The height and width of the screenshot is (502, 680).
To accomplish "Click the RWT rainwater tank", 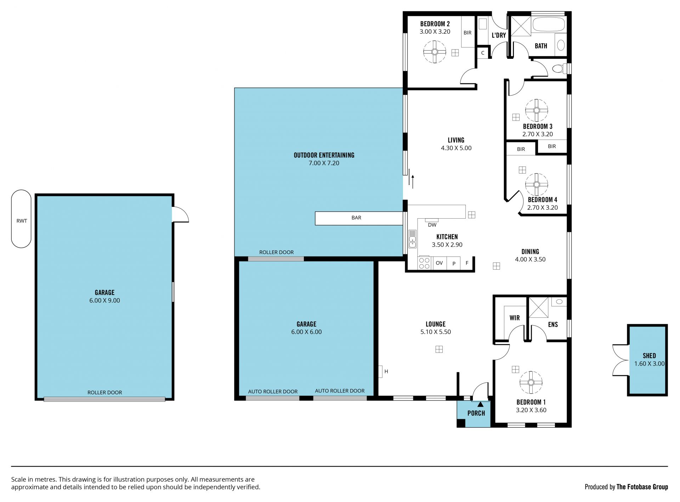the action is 21,219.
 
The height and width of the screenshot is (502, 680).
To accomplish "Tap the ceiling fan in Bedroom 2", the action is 435,52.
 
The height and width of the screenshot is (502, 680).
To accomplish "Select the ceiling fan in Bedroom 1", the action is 531,382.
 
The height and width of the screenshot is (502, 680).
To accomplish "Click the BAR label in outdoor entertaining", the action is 356,218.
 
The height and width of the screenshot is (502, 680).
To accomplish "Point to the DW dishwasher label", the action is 432,225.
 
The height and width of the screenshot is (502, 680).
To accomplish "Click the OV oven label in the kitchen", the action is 439,263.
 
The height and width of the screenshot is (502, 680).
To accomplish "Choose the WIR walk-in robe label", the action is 515,318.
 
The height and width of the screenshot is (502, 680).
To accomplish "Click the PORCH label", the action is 476,413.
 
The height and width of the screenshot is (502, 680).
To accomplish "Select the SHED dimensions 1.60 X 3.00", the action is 649,363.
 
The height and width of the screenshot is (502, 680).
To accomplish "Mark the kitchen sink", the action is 412,239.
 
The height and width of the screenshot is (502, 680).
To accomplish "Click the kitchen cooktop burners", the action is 424,263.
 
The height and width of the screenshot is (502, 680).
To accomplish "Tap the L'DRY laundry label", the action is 499,35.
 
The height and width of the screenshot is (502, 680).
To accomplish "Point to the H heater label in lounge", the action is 386,371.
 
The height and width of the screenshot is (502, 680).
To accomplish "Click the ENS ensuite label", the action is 553,325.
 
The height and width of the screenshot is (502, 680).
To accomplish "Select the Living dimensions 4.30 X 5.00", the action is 456,148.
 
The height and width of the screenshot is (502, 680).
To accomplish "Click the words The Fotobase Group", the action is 642,487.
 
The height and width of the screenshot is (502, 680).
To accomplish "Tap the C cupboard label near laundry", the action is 483,53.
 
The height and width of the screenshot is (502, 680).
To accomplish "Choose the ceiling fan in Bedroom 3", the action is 537,110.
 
